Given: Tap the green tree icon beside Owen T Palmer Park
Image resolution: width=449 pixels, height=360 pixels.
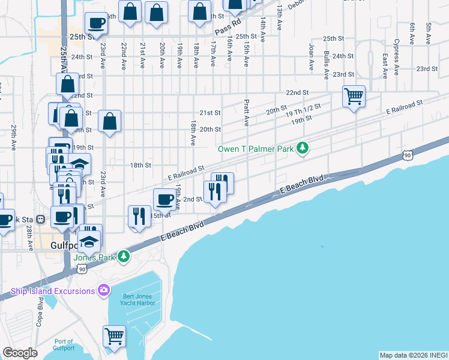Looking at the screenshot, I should (304, 148).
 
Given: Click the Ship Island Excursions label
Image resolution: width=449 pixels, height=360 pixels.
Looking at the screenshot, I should (53, 291).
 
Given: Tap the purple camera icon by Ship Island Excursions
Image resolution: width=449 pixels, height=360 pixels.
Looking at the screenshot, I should (104, 291).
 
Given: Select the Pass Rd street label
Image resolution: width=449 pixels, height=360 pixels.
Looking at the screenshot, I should (228, 28).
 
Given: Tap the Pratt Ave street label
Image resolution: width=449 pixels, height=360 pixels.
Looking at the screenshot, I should (246, 112).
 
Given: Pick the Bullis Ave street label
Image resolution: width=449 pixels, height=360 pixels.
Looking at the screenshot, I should (326, 65).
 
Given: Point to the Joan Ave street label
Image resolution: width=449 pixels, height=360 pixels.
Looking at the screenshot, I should (311, 57).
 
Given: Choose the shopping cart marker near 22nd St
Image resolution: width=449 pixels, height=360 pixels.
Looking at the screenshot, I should (354, 95).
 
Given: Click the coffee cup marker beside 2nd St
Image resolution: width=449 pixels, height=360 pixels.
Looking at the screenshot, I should (164, 199).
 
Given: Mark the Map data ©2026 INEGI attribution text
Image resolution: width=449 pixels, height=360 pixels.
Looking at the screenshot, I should (414, 355).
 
